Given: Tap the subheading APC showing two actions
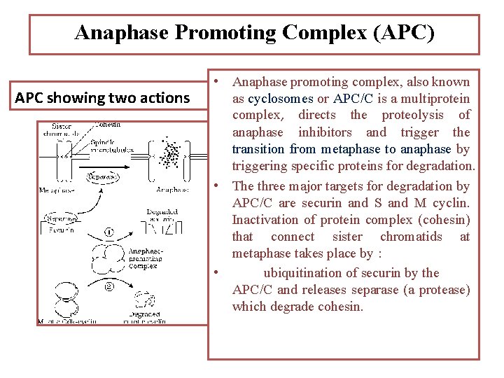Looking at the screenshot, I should (102, 97).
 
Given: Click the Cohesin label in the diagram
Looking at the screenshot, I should (107, 125).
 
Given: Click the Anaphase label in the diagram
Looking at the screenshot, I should (172, 189).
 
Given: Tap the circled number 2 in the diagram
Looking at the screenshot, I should (108, 286).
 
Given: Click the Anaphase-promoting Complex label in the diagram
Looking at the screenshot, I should (146, 258).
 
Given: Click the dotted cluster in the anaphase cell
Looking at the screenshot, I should (169, 155).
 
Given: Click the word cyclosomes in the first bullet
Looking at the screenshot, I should (280, 99).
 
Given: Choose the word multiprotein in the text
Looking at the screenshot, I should (434, 99).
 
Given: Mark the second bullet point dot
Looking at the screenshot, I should (218, 186).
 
